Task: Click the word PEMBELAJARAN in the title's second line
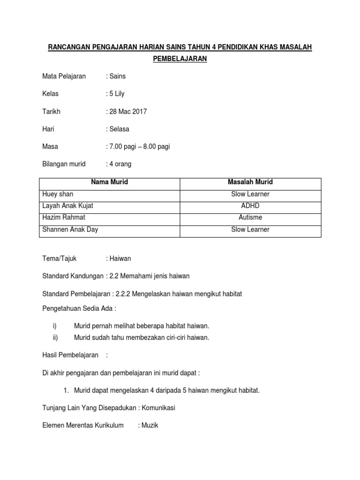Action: pyautogui.click(x=180, y=59)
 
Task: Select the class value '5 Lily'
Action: pyautogui.click(x=116, y=94)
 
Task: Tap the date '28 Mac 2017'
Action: pyautogui.click(x=128, y=112)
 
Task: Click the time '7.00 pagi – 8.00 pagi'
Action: pyautogui.click(x=139, y=147)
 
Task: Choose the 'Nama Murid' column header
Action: pyautogui.click(x=109, y=182)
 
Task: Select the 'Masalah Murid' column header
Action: pyautogui.click(x=250, y=182)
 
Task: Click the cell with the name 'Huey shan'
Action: pyautogui.click(x=58, y=194)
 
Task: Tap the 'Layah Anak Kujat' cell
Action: pyautogui.click(x=71, y=206)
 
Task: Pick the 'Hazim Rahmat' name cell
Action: pyautogui.click(x=64, y=217)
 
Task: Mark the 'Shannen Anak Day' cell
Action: pyautogui.click(x=70, y=230)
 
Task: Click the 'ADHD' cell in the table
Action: pyautogui.click(x=250, y=206)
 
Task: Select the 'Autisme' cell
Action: pyautogui.click(x=250, y=217)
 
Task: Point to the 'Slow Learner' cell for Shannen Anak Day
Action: pyautogui.click(x=250, y=230)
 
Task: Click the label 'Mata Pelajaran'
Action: pyautogui.click(x=64, y=76)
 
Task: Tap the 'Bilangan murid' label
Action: pyautogui.click(x=64, y=164)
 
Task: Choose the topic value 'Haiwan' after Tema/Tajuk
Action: pyautogui.click(x=121, y=258)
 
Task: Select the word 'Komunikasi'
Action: pyautogui.click(x=158, y=408)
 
